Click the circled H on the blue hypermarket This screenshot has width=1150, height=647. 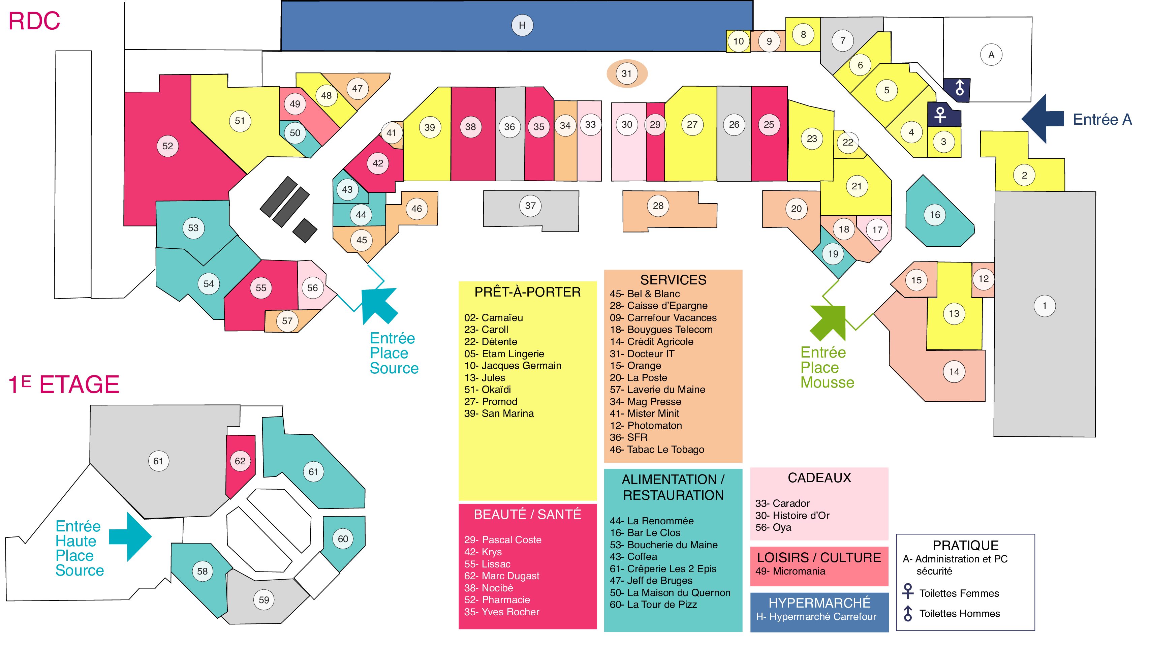522,26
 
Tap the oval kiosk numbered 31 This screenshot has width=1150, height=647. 626,74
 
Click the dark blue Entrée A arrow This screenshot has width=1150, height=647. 1043,119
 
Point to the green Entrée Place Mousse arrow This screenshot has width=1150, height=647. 829,322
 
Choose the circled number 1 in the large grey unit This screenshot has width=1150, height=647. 1044,306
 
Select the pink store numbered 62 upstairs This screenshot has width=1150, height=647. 240,464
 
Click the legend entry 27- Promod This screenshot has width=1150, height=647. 491,401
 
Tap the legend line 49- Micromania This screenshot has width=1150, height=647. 790,571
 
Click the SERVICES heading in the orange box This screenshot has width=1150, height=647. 673,280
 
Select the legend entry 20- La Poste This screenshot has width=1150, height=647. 639,378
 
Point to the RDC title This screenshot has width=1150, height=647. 34,21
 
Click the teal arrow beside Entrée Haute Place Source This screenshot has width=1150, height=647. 130,537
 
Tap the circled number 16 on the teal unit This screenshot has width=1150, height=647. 935,215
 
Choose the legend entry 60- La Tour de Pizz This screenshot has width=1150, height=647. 653,605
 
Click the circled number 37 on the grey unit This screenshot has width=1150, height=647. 530,206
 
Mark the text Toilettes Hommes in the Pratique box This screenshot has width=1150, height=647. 959,614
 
